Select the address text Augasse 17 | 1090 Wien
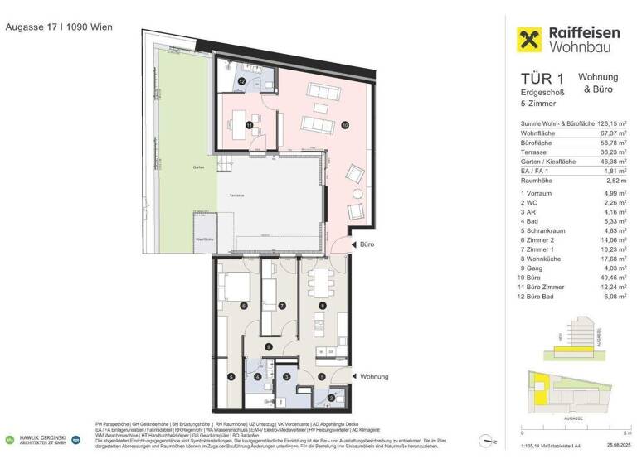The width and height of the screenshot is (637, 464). coord(59,27)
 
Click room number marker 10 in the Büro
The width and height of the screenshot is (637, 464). coord(345,125)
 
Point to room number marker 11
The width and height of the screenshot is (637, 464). coord(248,125)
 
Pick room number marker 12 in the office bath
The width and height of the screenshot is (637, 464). coord(241,82)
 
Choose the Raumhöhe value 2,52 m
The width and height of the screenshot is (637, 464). coord(616,177)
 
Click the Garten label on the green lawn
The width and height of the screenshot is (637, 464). coord(198,167)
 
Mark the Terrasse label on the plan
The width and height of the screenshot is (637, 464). coord(237,195)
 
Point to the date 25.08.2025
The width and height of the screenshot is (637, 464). coord(613,451)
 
